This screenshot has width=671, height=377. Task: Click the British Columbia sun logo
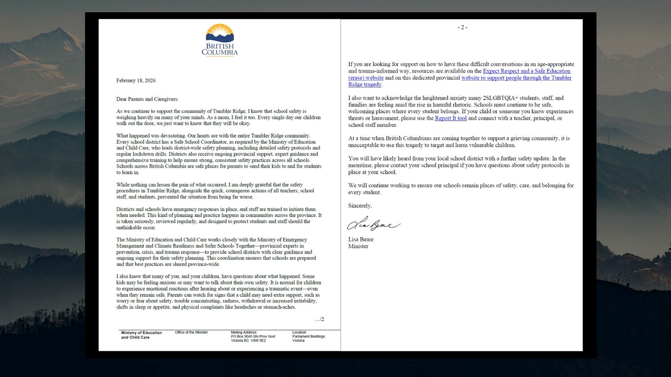219,34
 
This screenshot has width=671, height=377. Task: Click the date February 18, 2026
136,80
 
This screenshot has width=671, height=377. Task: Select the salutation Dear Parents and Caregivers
147,99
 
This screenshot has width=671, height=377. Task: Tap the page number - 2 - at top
462,27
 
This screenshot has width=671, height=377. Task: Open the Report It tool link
450,118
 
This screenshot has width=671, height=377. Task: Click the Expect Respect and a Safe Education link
526,71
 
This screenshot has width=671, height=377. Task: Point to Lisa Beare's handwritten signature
373,225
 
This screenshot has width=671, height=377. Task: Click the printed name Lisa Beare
361,240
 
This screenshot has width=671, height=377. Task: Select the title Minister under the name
358,246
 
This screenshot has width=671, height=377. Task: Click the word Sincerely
359,206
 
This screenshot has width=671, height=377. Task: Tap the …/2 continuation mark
319,319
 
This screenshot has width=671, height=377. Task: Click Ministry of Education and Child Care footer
141,335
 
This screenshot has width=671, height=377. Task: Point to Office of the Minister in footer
191,332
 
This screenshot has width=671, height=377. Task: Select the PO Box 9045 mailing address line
253,336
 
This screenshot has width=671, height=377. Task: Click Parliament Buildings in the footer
308,336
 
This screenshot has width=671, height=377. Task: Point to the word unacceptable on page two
364,145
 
